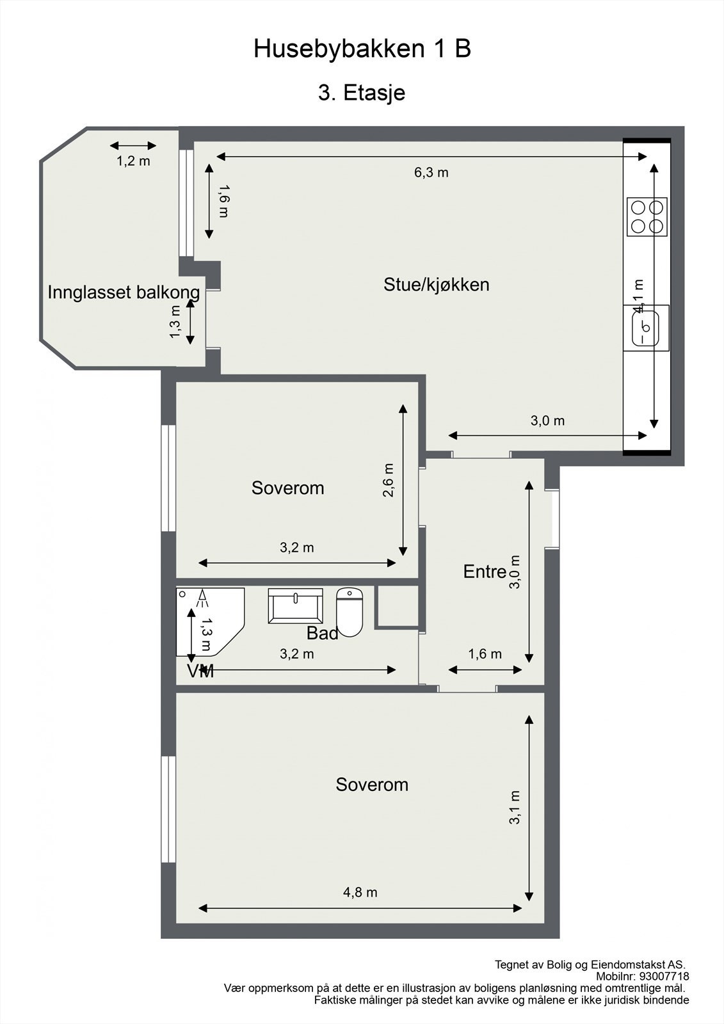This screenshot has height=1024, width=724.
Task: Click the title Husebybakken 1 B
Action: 362,49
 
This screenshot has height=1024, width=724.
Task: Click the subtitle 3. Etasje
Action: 362,93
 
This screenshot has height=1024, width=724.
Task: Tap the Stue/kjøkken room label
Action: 436,284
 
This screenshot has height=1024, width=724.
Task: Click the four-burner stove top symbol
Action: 647,216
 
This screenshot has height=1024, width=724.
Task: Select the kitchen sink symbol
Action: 646,326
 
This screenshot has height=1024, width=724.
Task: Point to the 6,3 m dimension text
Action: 431,172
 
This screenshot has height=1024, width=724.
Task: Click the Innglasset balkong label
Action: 124,292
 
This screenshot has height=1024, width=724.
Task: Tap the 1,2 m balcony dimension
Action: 133,161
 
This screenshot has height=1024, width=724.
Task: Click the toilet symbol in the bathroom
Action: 350,612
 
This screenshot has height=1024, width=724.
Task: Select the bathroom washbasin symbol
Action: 295,605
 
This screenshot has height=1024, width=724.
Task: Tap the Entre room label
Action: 485,572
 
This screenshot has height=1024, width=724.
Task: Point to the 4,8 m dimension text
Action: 360,892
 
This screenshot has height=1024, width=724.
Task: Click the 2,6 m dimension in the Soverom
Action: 389,480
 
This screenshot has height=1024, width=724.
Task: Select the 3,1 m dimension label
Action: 515,807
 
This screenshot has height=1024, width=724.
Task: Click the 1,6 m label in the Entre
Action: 485,654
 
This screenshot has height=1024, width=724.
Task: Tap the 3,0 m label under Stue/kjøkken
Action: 547,420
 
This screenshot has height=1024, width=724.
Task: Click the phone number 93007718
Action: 664,977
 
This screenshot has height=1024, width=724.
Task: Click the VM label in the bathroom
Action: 200,671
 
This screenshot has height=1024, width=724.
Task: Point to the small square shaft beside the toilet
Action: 397,605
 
